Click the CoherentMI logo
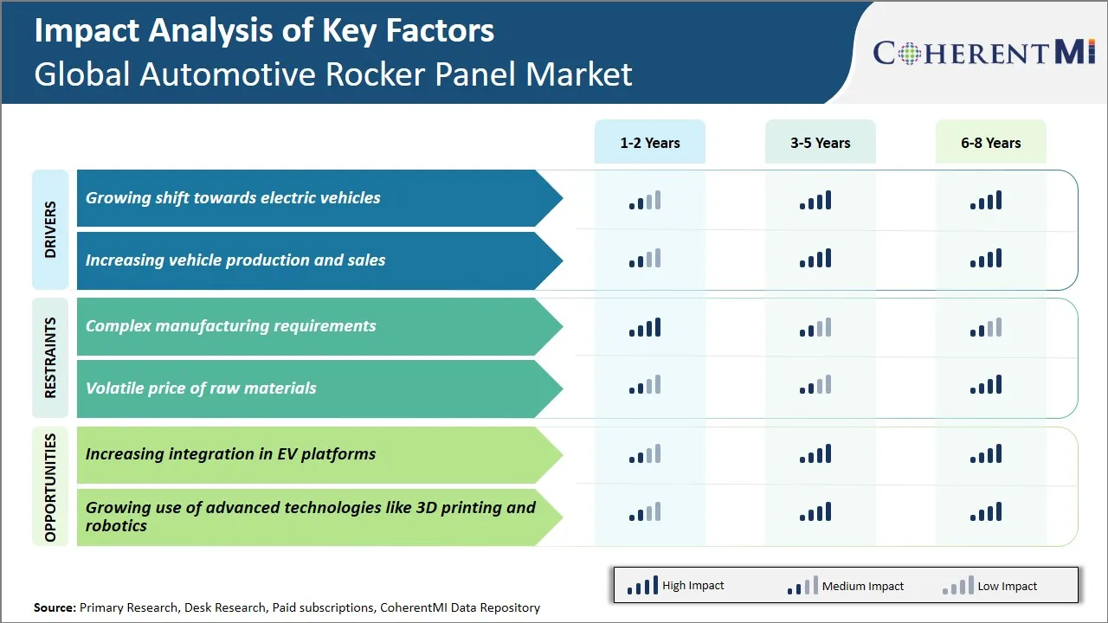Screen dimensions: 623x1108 [x=984, y=53]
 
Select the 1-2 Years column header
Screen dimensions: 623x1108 [x=649, y=143]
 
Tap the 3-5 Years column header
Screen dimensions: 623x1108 [x=820, y=143]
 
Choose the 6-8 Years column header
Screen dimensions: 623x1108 [x=990, y=143]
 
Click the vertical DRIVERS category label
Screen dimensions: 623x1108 [x=50, y=229]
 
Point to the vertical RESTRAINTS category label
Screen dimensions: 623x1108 [x=50, y=357]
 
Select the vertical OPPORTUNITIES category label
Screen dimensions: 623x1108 [x=50, y=486]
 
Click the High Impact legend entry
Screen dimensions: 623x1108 [x=675, y=586]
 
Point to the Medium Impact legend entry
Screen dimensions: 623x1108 [x=845, y=586]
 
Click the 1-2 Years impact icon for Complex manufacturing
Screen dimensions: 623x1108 [x=645, y=327]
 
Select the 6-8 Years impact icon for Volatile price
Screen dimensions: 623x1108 [x=986, y=385]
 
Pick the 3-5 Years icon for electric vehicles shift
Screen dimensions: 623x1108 [x=815, y=201]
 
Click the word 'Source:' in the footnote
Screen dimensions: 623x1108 [x=55, y=607]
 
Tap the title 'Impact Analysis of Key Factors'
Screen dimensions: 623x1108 [x=264, y=31]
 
